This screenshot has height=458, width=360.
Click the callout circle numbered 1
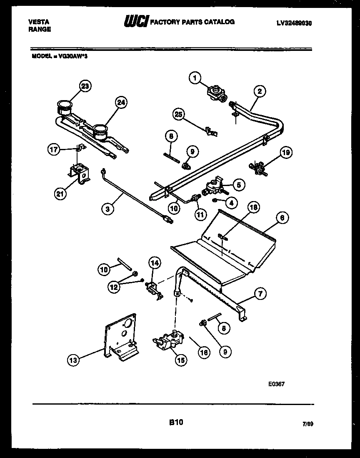195,77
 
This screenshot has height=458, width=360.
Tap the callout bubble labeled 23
85,86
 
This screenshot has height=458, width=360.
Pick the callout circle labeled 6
282,217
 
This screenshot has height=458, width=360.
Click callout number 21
61,193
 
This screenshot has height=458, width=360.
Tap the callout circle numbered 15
181,360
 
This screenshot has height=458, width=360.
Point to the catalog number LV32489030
294,24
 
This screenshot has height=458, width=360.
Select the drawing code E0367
277,384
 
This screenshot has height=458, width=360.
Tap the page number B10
176,423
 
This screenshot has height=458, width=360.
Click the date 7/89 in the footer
307,424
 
